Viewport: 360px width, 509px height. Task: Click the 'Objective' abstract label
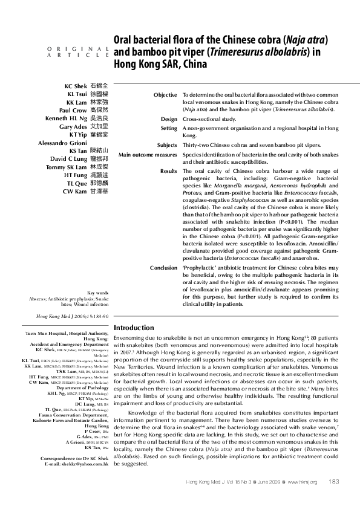click(165, 96)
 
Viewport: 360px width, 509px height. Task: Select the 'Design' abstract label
click(169, 119)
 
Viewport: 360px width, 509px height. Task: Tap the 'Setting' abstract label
click(169, 129)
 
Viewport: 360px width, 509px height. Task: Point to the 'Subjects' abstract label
click(167, 145)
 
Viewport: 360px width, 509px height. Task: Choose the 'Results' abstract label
click(168, 171)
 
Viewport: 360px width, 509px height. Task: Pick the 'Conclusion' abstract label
click(163, 267)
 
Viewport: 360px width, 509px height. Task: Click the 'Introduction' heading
click(134, 328)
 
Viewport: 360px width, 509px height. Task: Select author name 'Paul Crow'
click(73, 111)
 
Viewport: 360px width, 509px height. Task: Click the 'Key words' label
click(98, 293)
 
